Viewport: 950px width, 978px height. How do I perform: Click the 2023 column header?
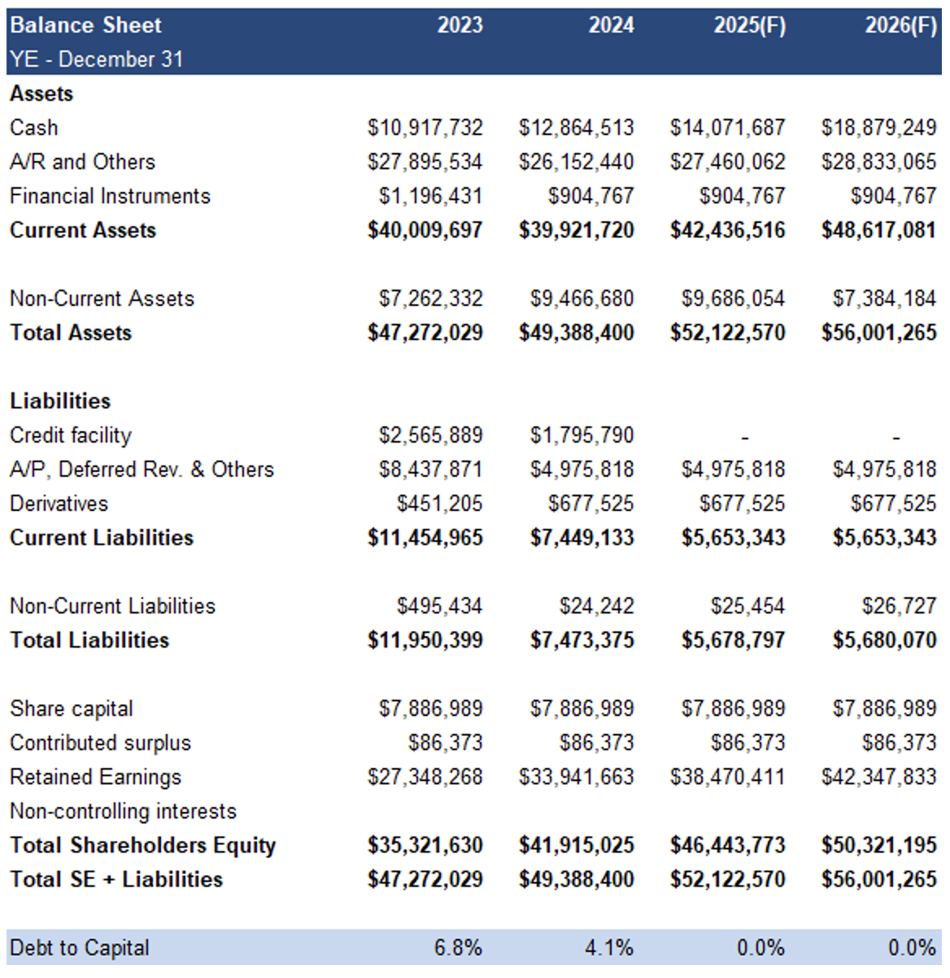pyautogui.click(x=460, y=25)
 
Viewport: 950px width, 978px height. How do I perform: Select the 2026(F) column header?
pyautogui.click(x=900, y=26)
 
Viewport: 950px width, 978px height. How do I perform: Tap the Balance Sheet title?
pyautogui.click(x=85, y=25)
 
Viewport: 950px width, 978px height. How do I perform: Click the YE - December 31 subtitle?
pyautogui.click(x=97, y=59)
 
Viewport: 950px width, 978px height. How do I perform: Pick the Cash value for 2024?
pyautogui.click(x=576, y=128)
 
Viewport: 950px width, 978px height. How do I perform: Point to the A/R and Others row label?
pyautogui.click(x=82, y=162)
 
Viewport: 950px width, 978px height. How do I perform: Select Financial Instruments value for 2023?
pyautogui.click(x=430, y=196)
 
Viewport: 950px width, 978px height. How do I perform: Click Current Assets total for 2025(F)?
pyautogui.click(x=727, y=230)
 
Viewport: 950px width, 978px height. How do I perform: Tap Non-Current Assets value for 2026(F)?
pyautogui.click(x=884, y=299)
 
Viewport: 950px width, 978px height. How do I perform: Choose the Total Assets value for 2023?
pyautogui.click(x=425, y=333)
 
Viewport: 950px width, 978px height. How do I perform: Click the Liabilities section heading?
pyautogui.click(x=60, y=401)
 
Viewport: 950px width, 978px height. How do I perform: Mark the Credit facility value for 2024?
pyautogui.click(x=582, y=435)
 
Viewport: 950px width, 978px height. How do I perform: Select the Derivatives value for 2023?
pyautogui.click(x=439, y=504)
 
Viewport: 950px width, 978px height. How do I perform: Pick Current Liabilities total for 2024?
pyautogui.click(x=582, y=538)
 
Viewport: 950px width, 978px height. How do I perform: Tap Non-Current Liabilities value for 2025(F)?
pyautogui.click(x=747, y=606)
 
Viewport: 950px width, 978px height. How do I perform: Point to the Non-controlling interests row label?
pyautogui.click(x=123, y=811)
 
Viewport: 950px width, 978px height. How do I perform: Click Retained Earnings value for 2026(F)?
pyautogui.click(x=878, y=777)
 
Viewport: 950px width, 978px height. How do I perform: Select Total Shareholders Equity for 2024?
pyautogui.click(x=576, y=845)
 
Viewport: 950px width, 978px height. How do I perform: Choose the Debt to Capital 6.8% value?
pyautogui.click(x=458, y=948)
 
